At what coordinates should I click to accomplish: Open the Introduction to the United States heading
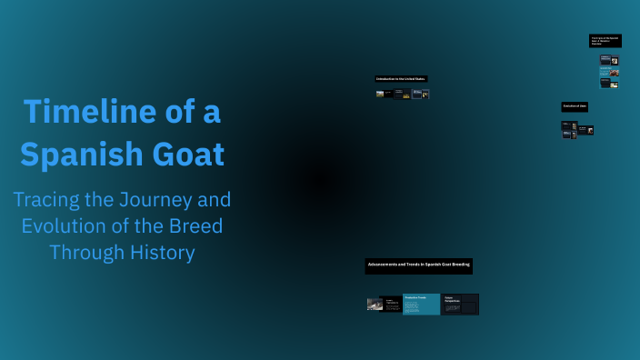click(x=401, y=79)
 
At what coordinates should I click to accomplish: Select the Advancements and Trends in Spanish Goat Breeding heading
click(x=418, y=265)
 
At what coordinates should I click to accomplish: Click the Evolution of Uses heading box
click(x=575, y=106)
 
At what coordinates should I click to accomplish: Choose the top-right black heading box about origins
click(x=605, y=41)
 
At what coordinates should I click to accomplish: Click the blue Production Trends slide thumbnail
click(x=421, y=305)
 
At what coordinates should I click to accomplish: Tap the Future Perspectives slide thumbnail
click(x=460, y=305)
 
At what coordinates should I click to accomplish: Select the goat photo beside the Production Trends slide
click(x=375, y=305)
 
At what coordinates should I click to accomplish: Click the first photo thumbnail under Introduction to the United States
click(x=379, y=94)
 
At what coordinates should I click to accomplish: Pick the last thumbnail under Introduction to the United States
click(x=425, y=94)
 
